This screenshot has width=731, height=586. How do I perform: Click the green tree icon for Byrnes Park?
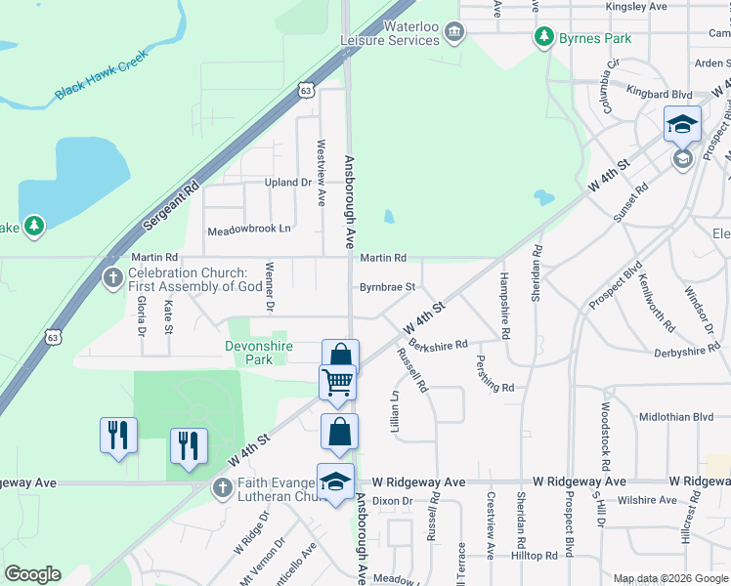click(544, 38)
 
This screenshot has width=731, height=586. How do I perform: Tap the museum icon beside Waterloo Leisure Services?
click(453, 34)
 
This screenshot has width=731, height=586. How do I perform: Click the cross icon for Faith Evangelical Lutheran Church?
click(222, 486)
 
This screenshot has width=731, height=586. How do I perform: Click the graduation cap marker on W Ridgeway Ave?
click(335, 482)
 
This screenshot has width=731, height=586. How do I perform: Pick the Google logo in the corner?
click(32, 574)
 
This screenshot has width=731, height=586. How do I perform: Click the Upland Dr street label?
click(286, 183)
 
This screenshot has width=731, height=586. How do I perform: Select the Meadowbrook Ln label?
click(249, 230)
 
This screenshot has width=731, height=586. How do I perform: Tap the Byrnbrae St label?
click(388, 287)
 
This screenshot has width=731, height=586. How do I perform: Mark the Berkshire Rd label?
click(439, 345)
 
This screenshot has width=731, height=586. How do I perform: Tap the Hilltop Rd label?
click(535, 555)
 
